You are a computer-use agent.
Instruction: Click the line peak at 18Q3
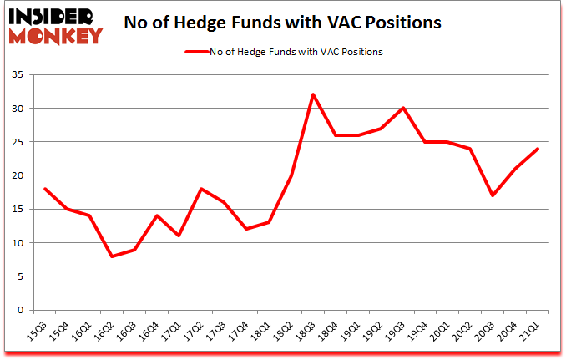(313, 94)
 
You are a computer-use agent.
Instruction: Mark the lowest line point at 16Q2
(111, 256)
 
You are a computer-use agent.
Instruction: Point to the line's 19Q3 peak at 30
(403, 108)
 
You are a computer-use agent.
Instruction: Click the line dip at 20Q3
(493, 195)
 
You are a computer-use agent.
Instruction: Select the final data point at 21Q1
(538, 149)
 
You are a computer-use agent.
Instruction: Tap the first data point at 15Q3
(43, 189)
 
